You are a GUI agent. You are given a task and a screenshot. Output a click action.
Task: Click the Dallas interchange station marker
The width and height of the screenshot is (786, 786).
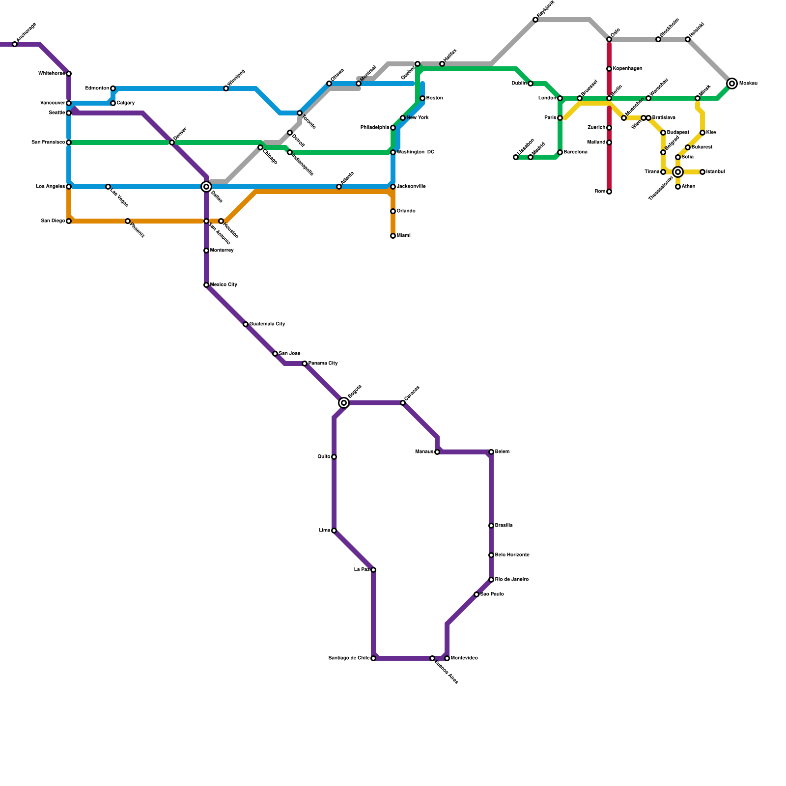[206, 187]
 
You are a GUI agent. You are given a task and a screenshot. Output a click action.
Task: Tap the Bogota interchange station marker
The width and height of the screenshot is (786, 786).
[344, 403]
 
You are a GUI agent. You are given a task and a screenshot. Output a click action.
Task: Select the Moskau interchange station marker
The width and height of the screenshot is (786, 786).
[732, 84]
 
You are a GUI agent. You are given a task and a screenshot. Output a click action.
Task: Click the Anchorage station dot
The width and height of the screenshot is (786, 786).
[15, 44]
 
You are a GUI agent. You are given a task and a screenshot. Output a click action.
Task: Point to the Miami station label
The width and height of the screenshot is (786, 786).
[404, 236]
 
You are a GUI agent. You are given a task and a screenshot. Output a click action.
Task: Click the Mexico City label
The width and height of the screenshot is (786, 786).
[224, 285]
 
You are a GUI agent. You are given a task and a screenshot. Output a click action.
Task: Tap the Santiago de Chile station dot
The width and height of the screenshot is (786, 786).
[373, 658]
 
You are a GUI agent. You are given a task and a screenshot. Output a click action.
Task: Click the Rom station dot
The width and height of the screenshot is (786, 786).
[609, 192]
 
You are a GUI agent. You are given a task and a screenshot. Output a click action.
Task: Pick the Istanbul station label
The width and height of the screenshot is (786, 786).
[716, 172]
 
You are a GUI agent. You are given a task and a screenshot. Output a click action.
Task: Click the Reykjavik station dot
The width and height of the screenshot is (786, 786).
[535, 20]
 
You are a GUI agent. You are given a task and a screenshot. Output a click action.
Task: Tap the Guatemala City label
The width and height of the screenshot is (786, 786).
[267, 324]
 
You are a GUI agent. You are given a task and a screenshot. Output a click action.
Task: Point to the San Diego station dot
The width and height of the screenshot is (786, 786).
[69, 221]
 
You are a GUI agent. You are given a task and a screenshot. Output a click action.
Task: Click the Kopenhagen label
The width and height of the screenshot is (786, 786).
[628, 69]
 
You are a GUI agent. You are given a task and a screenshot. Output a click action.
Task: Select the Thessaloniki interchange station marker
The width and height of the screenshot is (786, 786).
[678, 172]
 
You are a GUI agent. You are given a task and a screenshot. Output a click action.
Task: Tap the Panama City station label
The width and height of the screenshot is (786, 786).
[323, 364]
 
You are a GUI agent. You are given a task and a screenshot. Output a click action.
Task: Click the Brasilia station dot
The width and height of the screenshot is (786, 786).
[491, 526]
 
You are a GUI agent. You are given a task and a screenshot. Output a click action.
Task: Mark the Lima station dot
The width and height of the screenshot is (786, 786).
[334, 531]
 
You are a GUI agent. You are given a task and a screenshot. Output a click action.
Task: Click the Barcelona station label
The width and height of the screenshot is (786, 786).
[576, 152]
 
